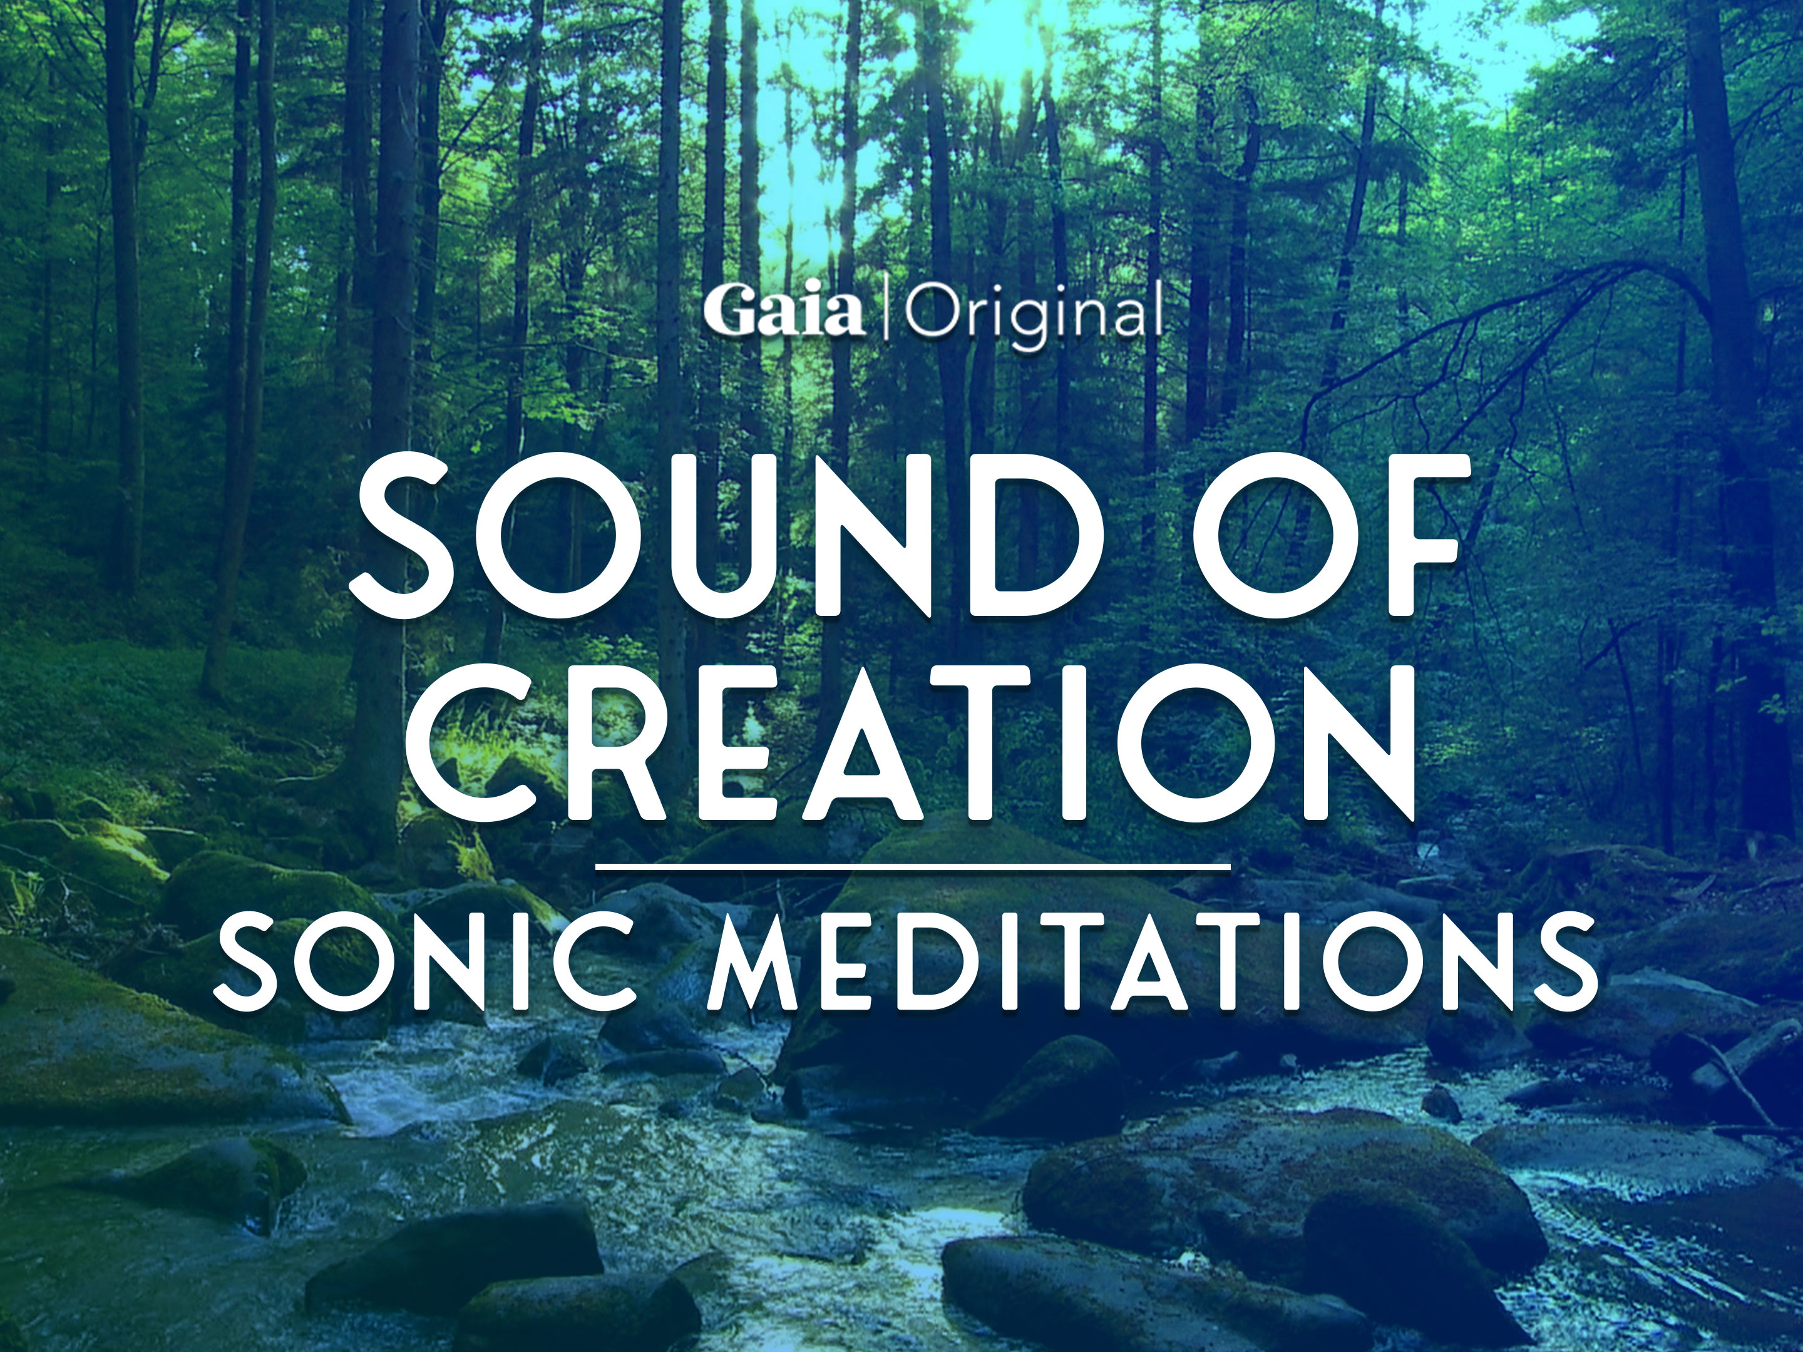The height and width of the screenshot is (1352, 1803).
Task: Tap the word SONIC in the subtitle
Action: [424, 961]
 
